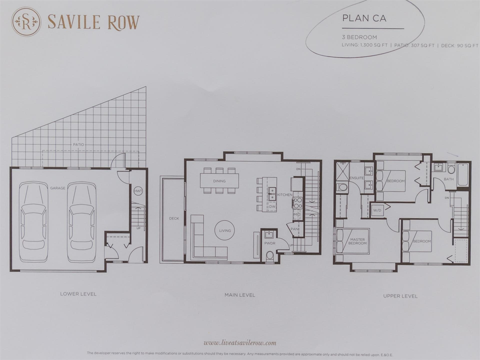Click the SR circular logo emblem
(26, 22)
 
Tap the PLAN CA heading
(364, 18)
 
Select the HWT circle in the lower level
(138, 191)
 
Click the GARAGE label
(58, 188)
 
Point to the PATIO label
(78, 144)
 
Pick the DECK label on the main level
(174, 218)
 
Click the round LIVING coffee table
(225, 231)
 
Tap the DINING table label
(219, 181)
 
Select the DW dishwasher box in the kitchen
(272, 206)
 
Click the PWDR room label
(270, 243)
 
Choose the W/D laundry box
(377, 210)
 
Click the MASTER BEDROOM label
(357, 241)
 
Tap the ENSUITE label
(356, 178)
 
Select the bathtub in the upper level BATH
(462, 175)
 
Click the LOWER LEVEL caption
(78, 294)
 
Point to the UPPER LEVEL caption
(400, 296)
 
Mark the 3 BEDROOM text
(360, 37)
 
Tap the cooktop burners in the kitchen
(298, 203)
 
